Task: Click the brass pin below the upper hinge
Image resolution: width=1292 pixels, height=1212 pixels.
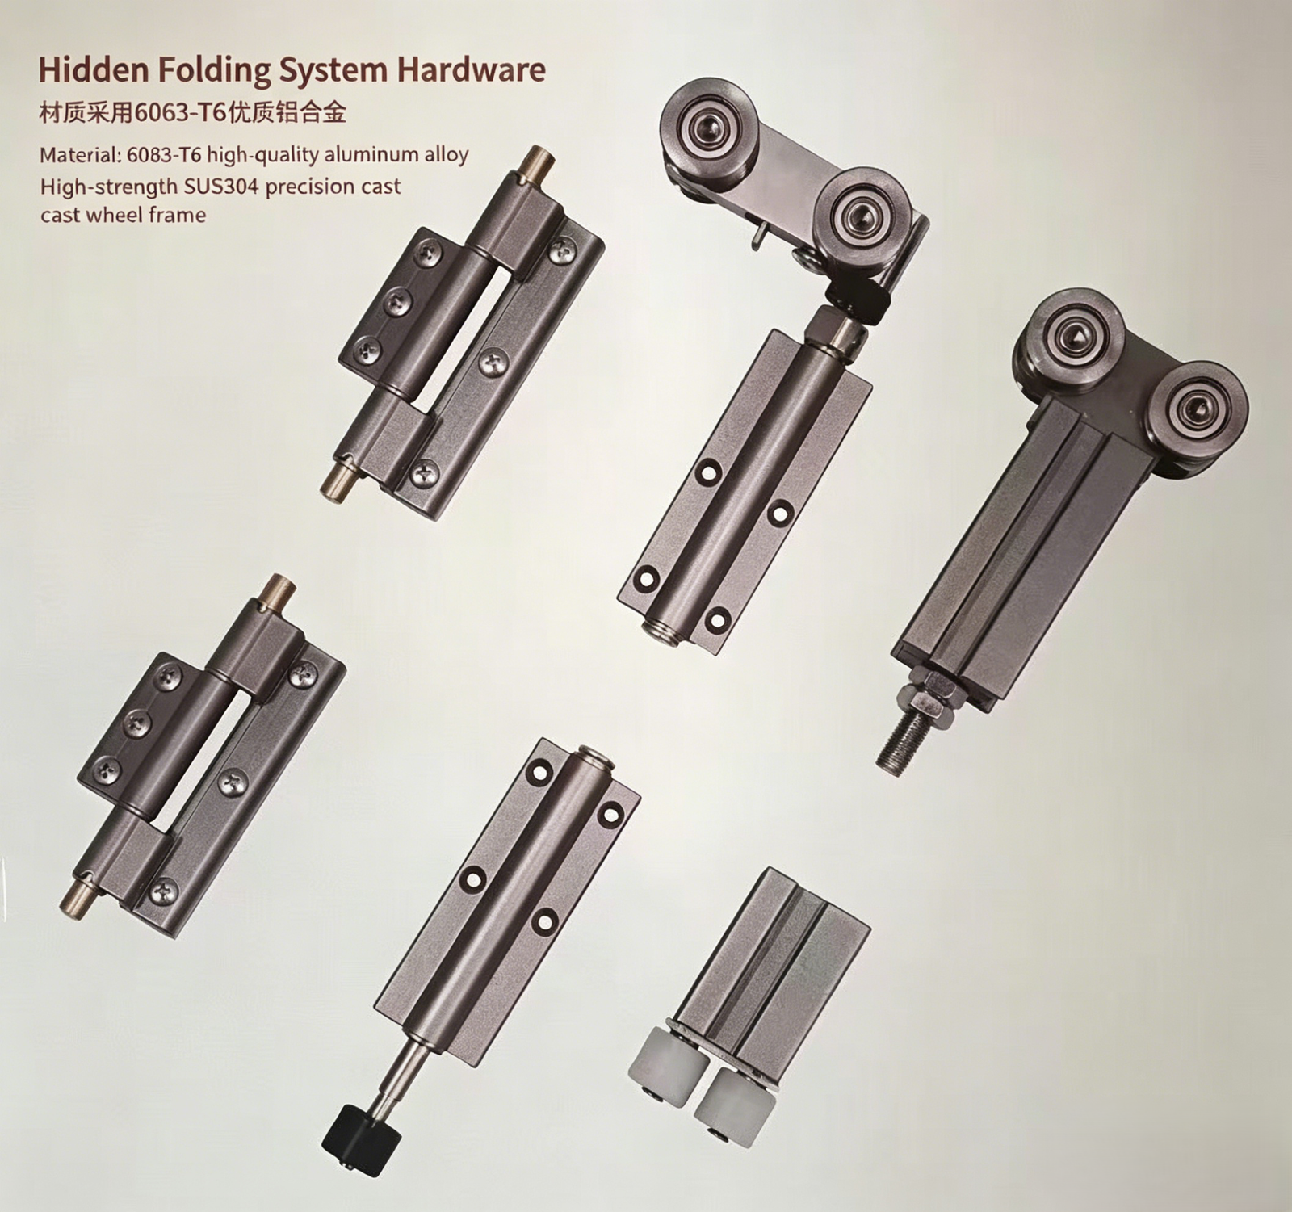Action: point(338,479)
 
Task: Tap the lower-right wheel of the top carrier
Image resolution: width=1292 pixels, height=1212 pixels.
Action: point(855,213)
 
